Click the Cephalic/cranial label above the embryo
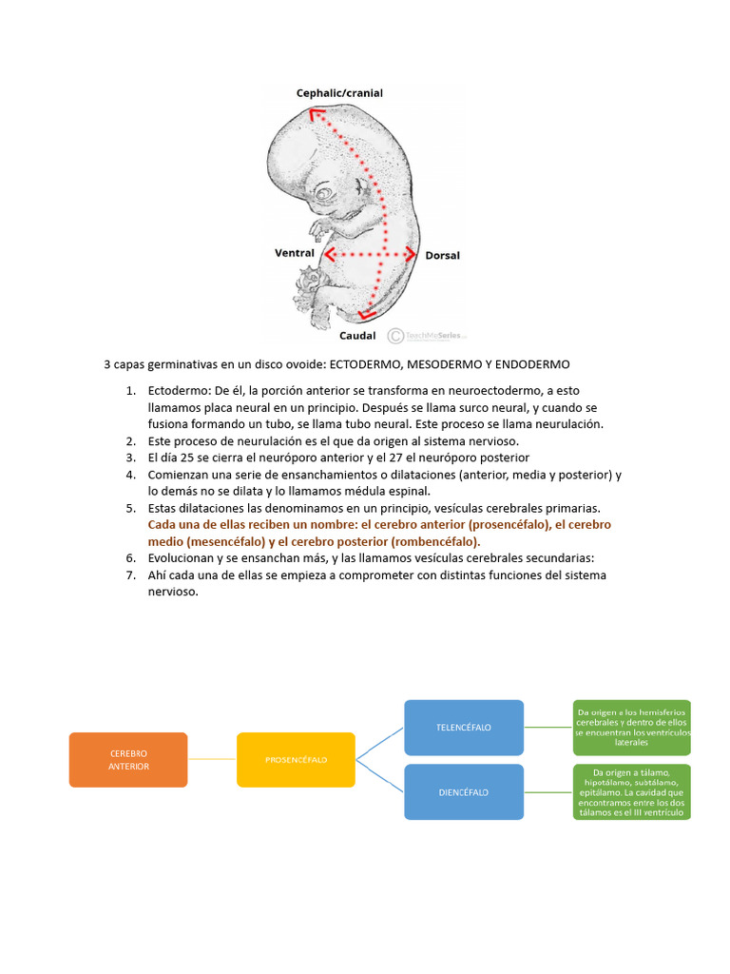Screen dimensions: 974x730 [339, 93]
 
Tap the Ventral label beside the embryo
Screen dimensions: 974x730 [294, 253]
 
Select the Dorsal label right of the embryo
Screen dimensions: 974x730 [442, 255]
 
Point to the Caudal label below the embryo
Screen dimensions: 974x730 [357, 335]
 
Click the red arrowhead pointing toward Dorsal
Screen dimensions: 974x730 [411, 254]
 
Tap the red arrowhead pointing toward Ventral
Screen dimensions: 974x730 [328, 254]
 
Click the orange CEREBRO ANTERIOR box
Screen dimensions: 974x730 [128, 759]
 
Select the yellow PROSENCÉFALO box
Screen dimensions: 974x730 [296, 759]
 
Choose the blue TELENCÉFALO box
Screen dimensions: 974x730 [464, 728]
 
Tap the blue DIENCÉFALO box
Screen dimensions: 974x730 [464, 791]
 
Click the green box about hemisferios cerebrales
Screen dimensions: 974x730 [632, 729]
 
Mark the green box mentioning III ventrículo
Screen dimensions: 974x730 [632, 791]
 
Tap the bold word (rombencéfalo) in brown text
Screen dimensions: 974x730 [424, 541]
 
